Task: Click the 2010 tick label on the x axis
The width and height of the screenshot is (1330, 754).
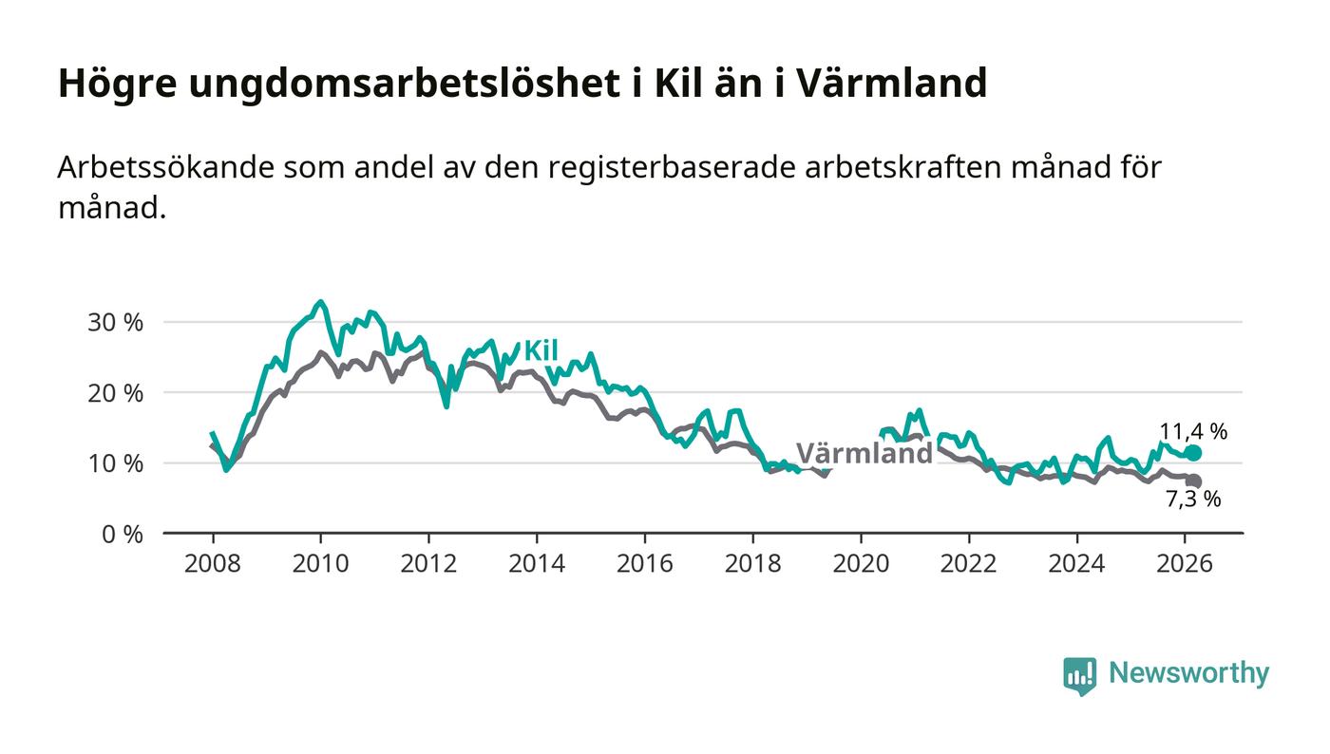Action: click(x=320, y=563)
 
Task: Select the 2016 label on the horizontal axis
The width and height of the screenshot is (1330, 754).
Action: click(x=644, y=563)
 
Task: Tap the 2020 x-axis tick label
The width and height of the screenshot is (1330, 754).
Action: click(x=861, y=563)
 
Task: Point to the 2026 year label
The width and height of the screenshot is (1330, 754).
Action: click(x=1185, y=563)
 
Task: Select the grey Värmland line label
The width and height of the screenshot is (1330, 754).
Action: click(x=864, y=453)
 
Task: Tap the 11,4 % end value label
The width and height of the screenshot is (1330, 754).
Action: click(x=1192, y=431)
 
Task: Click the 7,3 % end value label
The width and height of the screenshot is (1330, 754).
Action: click(x=1192, y=500)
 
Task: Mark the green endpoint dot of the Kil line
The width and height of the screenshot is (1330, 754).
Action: click(x=1194, y=453)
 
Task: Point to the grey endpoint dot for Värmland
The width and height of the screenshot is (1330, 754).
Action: click(x=1194, y=481)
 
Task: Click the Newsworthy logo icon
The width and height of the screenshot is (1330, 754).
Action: click(x=1079, y=675)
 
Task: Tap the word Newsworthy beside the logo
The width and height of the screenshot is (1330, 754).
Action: click(x=1188, y=673)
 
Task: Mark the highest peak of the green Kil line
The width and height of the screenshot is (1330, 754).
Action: click(x=320, y=302)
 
